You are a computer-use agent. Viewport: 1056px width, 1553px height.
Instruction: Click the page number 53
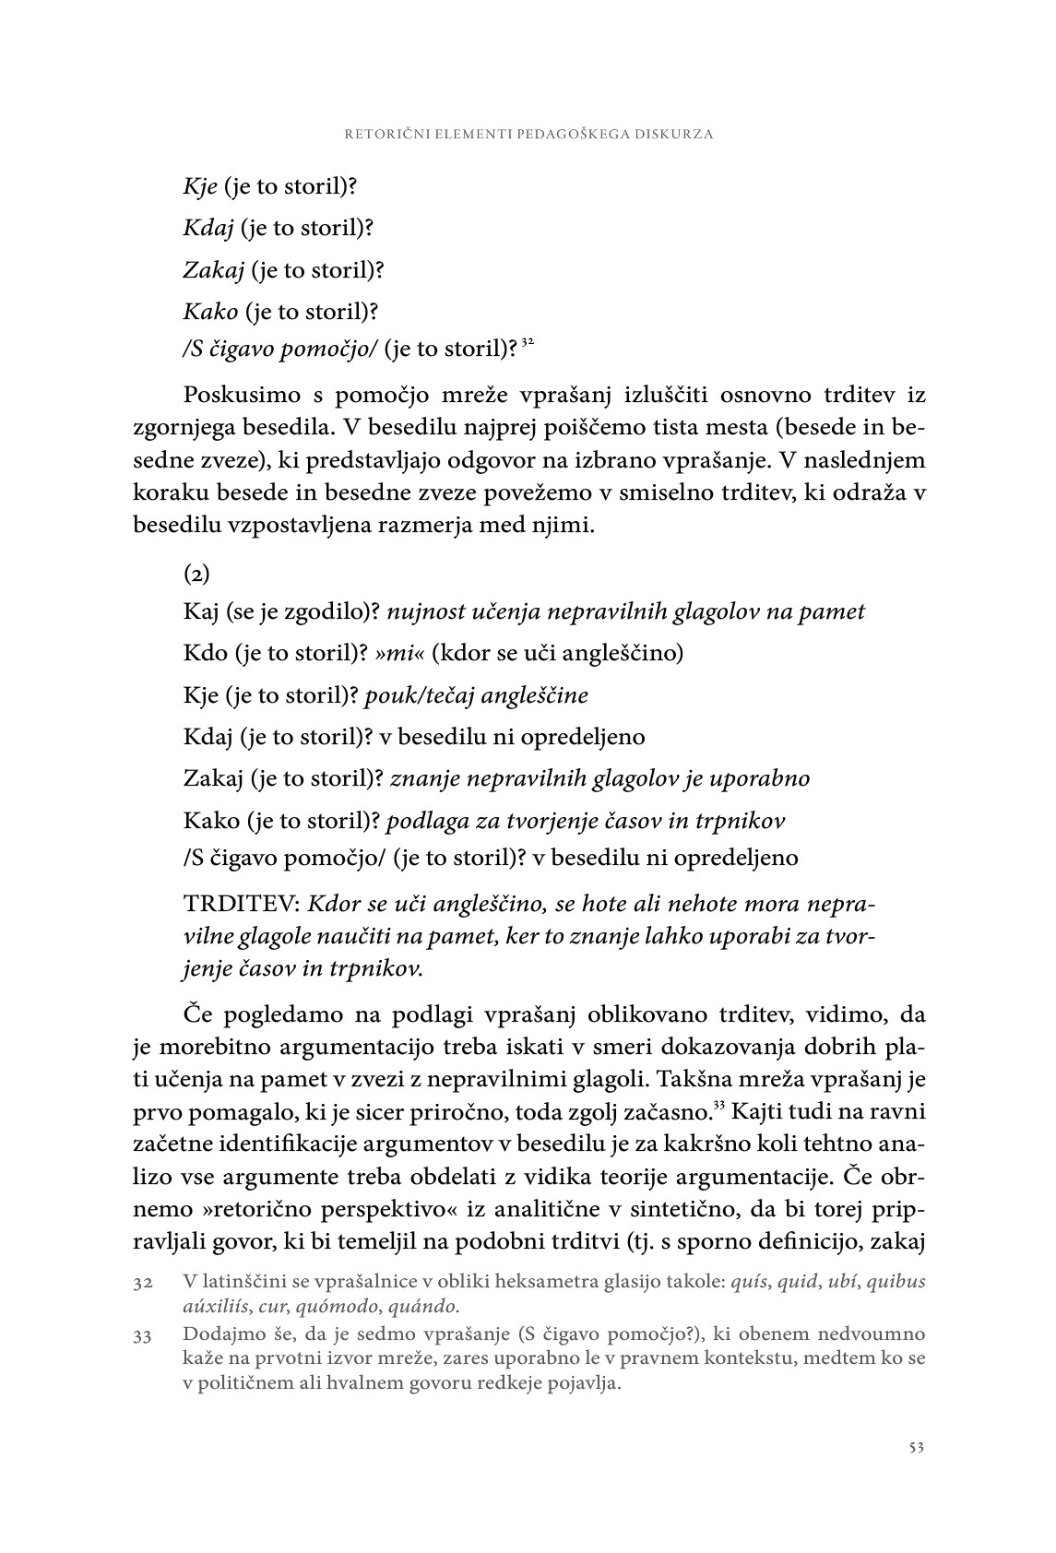tap(916, 1447)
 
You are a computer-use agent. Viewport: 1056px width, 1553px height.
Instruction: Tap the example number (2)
tap(196, 574)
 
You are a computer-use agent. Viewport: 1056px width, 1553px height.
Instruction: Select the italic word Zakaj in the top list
tap(213, 270)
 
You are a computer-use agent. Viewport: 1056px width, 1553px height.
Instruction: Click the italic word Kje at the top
tap(200, 186)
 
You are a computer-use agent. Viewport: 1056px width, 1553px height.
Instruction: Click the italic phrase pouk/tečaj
tap(427, 695)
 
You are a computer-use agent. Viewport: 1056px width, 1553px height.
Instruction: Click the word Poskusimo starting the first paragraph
tap(243, 396)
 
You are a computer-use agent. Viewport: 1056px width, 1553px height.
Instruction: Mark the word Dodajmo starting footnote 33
tap(219, 1335)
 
